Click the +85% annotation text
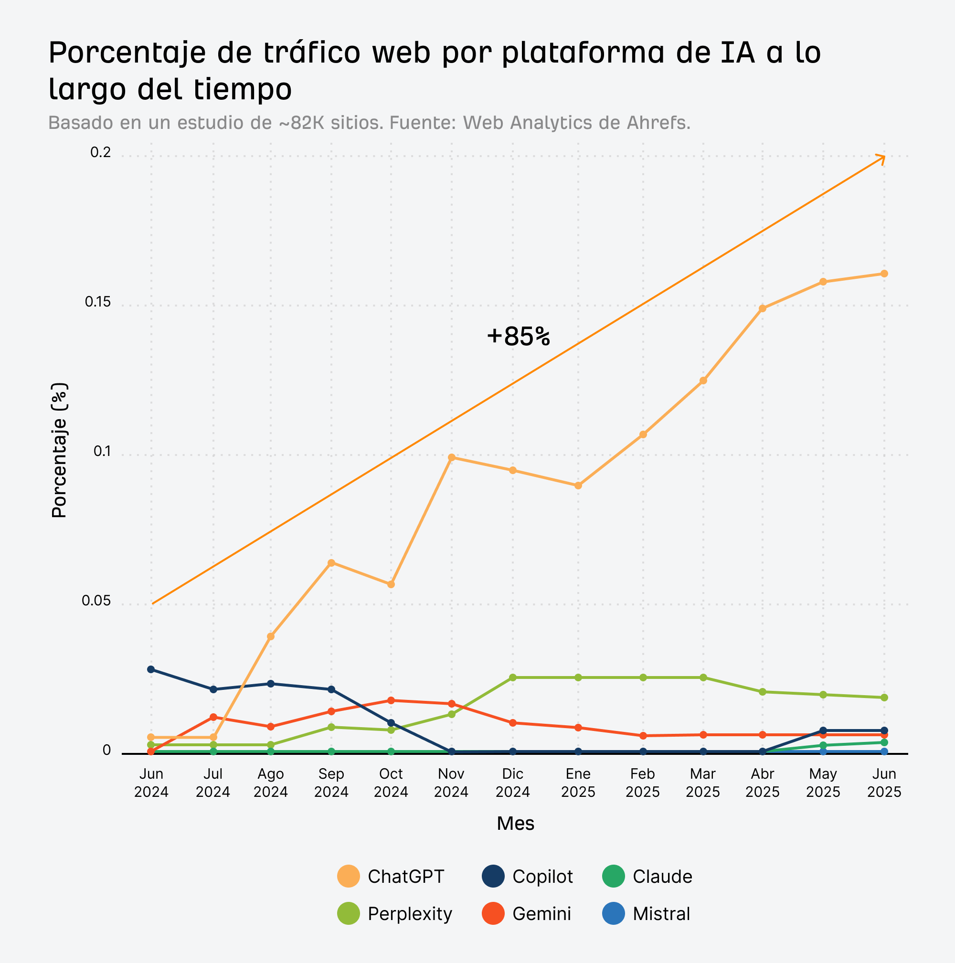[518, 337]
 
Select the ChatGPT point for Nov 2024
[452, 457]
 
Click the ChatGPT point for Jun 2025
[884, 274]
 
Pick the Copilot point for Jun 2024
[151, 669]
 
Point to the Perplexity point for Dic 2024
[513, 677]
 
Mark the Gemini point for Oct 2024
[391, 700]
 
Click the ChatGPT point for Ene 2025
[578, 486]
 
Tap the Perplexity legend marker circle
[349, 914]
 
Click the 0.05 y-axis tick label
[95, 601]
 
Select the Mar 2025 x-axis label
[703, 783]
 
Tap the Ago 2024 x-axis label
[271, 783]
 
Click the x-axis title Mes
[515, 824]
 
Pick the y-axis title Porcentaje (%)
[59, 450]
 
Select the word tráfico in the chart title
[311, 53]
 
